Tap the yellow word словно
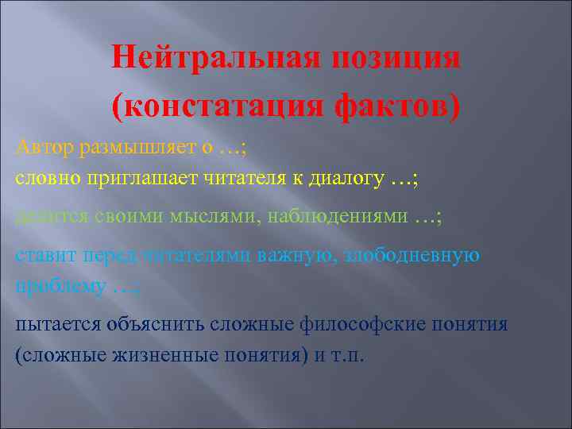(44, 179)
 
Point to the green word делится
(47, 217)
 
